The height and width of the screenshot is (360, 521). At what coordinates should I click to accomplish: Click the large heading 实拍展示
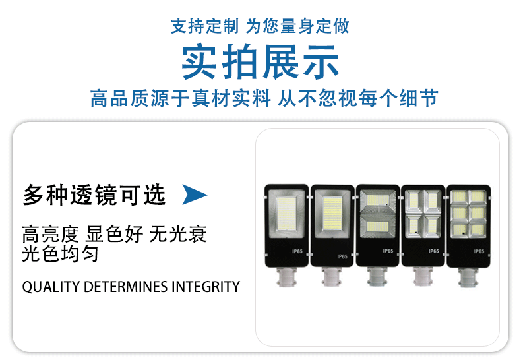260,61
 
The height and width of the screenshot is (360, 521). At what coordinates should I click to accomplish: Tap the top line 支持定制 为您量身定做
260,26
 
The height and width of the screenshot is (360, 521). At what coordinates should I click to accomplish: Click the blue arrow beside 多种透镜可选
195,195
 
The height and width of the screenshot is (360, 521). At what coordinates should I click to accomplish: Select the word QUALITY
51,287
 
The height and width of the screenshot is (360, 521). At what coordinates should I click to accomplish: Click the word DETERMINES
125,287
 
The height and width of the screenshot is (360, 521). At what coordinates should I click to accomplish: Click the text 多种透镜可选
94,195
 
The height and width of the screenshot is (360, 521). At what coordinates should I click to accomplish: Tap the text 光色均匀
60,254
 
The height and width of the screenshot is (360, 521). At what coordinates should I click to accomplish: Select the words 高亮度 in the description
51,234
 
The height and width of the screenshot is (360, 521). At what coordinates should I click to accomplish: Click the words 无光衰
178,234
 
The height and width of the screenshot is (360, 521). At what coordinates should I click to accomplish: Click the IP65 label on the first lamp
297,251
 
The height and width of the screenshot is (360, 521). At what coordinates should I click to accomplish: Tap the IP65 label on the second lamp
342,256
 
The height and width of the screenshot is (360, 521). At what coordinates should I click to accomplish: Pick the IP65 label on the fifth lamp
479,251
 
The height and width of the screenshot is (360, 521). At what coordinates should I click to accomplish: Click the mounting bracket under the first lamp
286,277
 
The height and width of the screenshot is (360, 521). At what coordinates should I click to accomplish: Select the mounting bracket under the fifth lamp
468,278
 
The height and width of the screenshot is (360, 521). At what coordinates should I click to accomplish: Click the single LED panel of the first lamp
286,213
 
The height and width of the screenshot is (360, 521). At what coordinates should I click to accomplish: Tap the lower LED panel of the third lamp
378,227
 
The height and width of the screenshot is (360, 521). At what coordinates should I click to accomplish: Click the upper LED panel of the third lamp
378,200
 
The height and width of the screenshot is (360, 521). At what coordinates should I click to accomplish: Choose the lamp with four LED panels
423,225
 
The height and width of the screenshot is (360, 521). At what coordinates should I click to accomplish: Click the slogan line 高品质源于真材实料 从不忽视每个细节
264,98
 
